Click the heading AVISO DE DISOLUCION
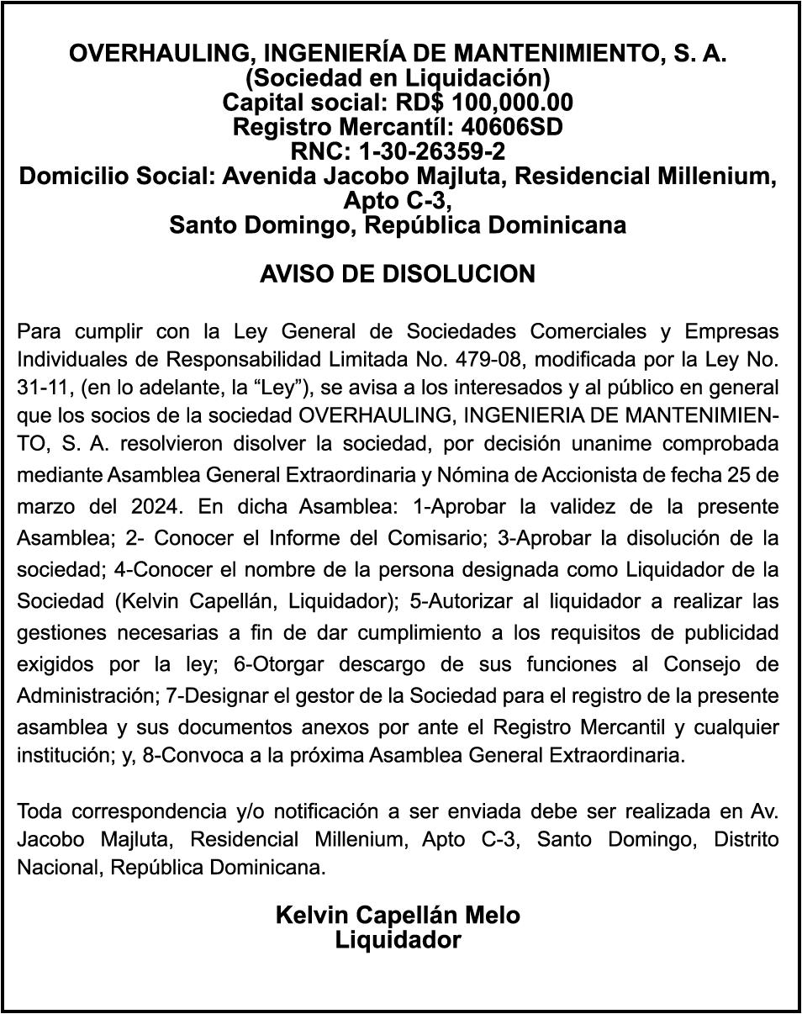click(x=397, y=274)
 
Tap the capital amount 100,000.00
click(x=513, y=103)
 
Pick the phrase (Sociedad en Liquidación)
click(x=397, y=78)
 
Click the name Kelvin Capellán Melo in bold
click(x=397, y=915)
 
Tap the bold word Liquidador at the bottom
click(x=398, y=939)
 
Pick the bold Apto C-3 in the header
click(x=397, y=201)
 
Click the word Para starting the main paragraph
click(x=40, y=330)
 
